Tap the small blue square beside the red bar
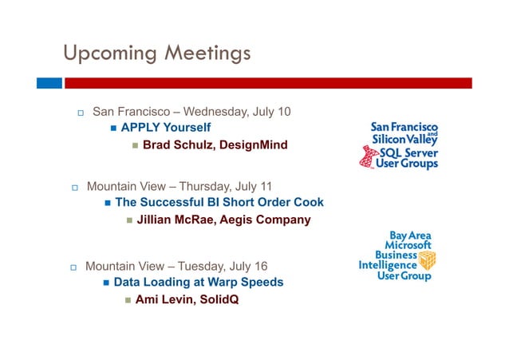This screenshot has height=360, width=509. [49, 82]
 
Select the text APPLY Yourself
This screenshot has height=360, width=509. [166, 128]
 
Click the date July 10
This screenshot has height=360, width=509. [271, 111]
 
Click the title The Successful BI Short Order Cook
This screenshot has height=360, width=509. [219, 203]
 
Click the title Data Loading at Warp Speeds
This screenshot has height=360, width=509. [199, 283]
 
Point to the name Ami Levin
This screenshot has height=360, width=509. [163, 300]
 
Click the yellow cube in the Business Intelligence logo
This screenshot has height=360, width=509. [428, 259]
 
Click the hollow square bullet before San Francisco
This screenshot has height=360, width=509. [81, 113]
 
